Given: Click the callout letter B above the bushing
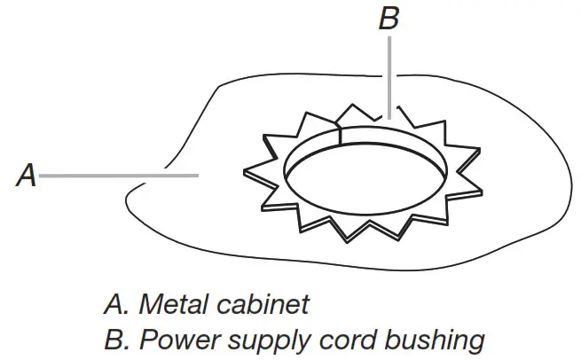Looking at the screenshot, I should click(x=389, y=20).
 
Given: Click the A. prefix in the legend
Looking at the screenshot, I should click(x=114, y=305).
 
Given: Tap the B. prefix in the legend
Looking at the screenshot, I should click(x=114, y=340).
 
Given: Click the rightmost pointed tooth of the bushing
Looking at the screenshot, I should click(x=486, y=192).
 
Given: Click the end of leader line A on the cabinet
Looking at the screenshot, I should click(x=196, y=176).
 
